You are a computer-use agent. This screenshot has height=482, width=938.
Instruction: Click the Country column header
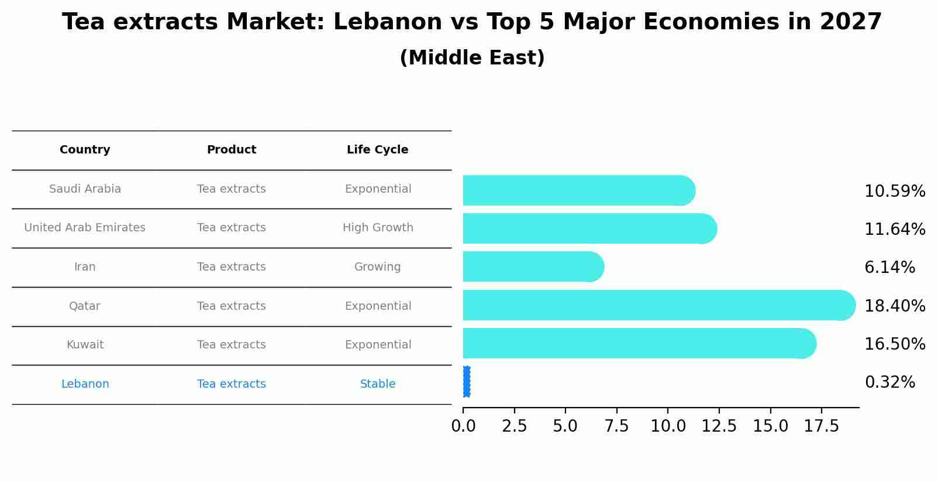point(85,150)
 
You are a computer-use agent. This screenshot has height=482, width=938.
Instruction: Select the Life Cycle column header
point(377,150)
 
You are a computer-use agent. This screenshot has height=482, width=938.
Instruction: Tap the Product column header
point(232,150)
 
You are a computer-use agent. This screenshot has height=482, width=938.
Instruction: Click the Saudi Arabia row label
point(85,189)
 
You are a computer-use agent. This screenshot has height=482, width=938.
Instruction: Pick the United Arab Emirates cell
point(85,228)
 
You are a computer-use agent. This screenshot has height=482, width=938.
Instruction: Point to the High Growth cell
point(378,228)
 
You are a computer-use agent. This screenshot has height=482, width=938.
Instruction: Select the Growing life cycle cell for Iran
point(377,267)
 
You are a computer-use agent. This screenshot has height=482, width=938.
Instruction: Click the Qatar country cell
point(85,306)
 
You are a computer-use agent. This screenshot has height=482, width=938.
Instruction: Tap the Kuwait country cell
point(85,345)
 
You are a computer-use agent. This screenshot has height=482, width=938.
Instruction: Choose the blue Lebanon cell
point(85,384)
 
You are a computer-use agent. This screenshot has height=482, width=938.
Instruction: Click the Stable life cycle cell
point(378,384)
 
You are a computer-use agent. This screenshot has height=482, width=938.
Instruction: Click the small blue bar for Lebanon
point(466,382)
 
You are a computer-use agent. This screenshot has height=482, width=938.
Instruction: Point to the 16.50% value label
point(895,344)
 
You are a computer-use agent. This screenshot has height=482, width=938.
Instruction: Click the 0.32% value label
point(889,382)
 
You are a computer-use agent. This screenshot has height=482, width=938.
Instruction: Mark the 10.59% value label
point(895,192)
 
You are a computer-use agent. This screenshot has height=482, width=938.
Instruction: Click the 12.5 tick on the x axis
point(719,426)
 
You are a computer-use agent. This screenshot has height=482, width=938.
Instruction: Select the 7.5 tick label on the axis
point(616,426)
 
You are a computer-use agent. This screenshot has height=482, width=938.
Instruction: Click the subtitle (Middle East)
point(472,58)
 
